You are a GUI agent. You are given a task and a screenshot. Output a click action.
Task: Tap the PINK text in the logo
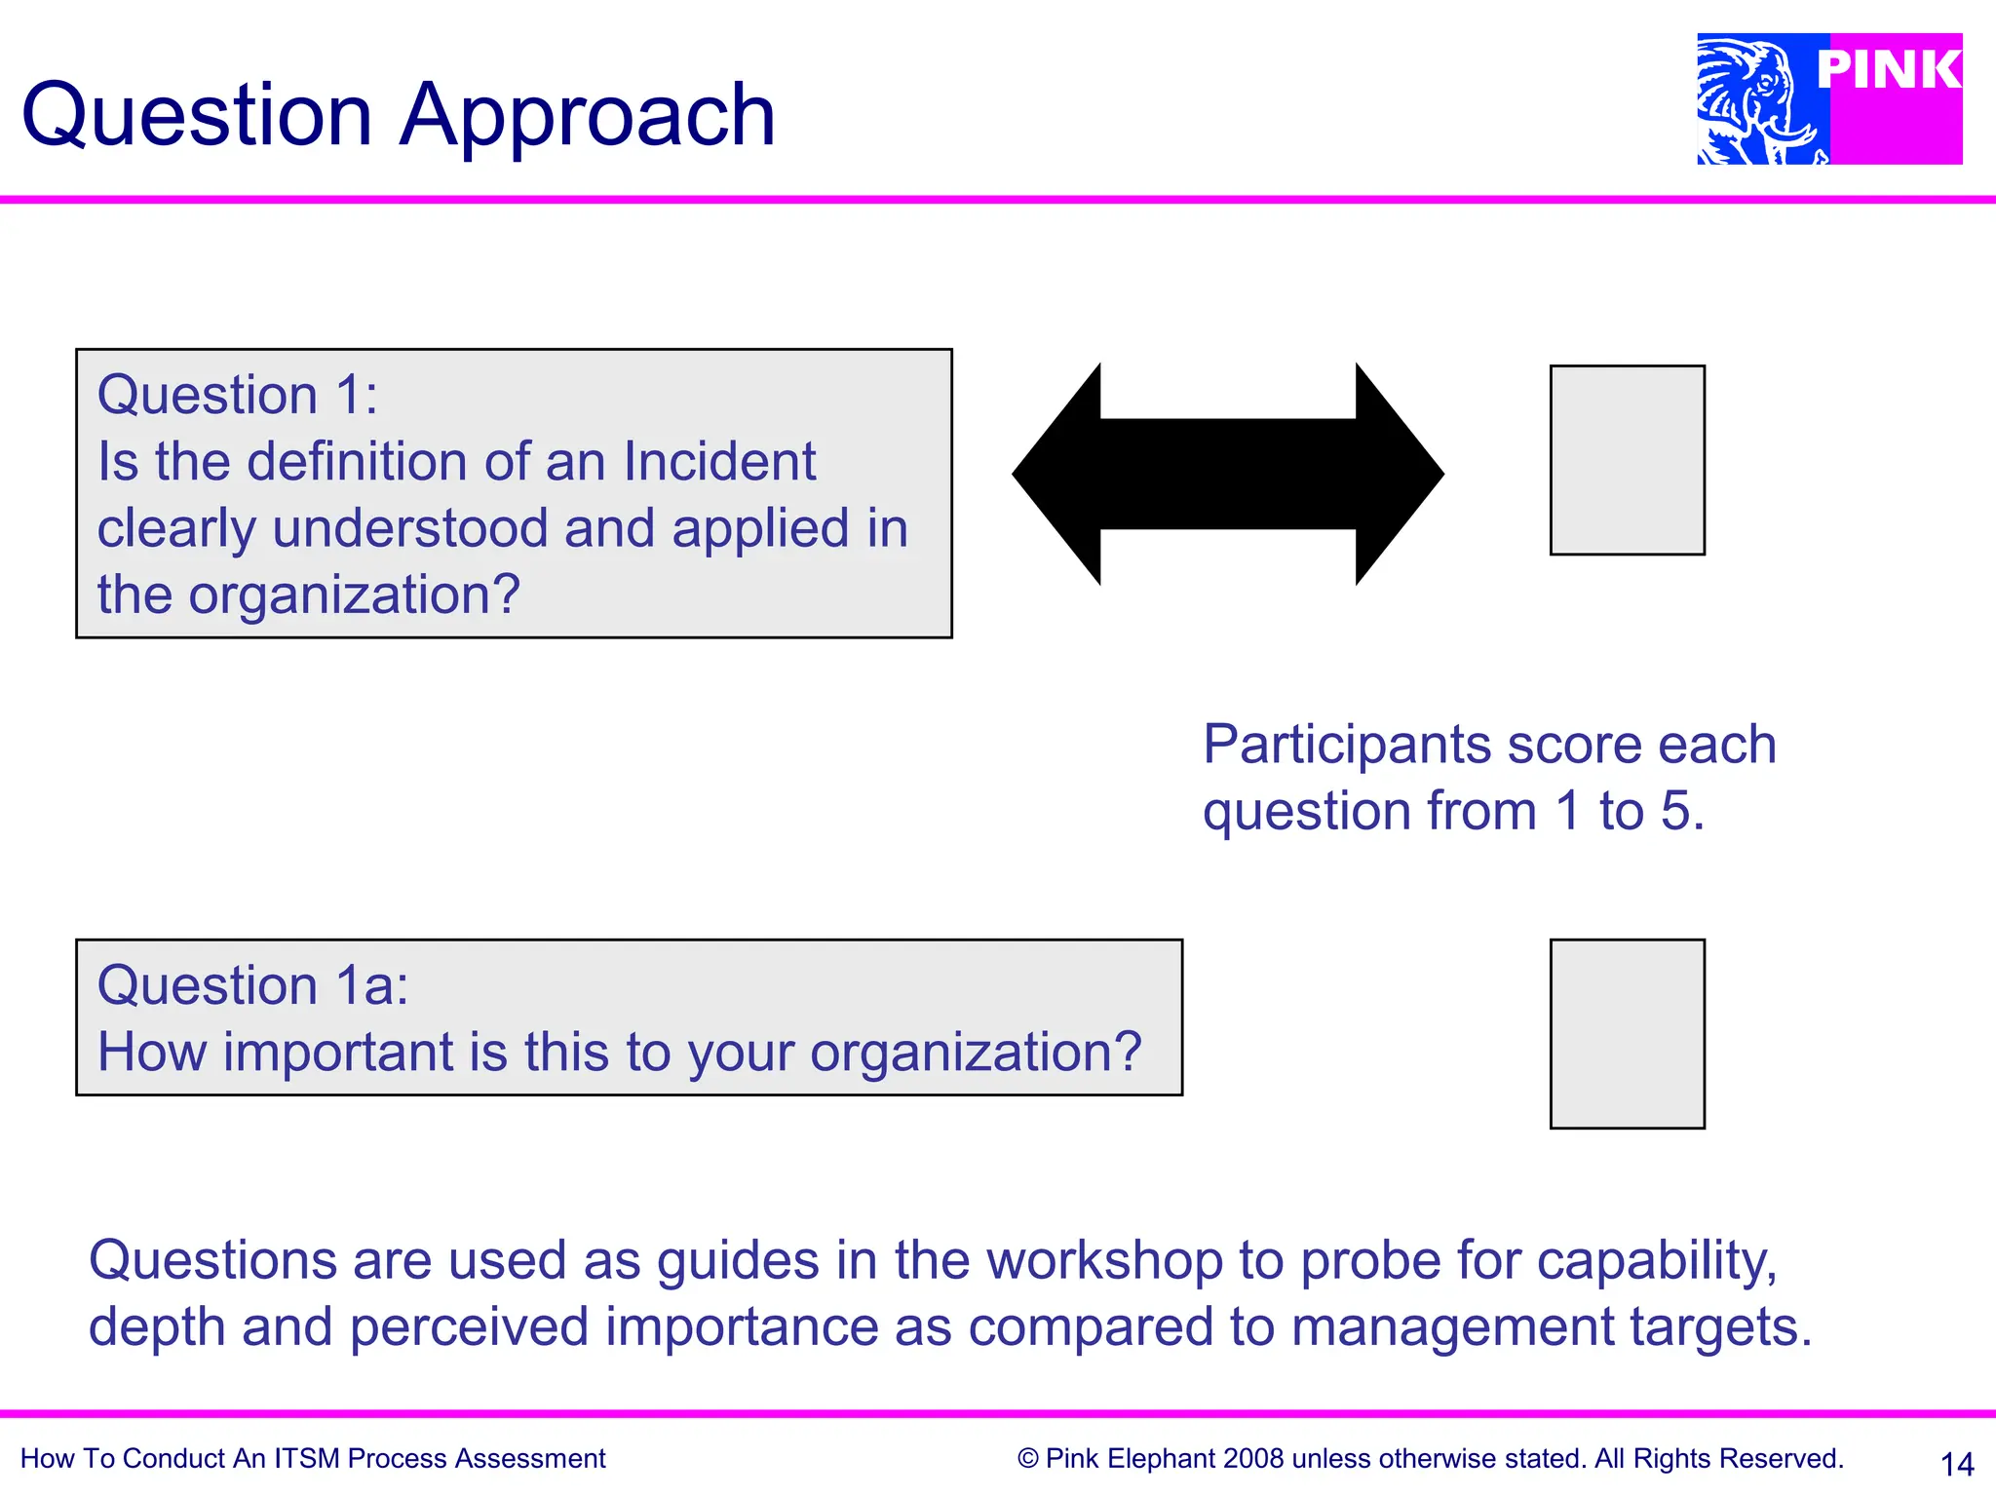pyautogui.click(x=1888, y=70)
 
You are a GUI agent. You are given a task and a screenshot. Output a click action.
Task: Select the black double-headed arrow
pyautogui.click(x=1228, y=474)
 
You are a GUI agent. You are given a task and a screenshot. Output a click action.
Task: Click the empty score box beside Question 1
pyautogui.click(x=1627, y=460)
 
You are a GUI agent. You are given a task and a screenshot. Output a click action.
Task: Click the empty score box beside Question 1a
pyautogui.click(x=1627, y=1034)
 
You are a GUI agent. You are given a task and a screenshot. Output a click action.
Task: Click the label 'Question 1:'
pyautogui.click(x=237, y=395)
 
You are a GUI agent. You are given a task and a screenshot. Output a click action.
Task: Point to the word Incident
pyautogui.click(x=718, y=461)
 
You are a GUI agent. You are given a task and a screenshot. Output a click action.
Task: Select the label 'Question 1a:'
pyautogui.click(x=252, y=985)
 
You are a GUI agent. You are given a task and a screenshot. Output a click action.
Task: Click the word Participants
pyautogui.click(x=1347, y=746)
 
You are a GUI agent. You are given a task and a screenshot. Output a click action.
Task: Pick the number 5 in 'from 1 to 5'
pyautogui.click(x=1675, y=811)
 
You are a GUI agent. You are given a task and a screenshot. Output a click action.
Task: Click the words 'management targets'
pyautogui.click(x=1550, y=1327)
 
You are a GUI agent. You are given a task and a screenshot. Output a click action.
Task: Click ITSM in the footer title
pyautogui.click(x=306, y=1459)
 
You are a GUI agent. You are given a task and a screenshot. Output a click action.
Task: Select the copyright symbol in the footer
pyautogui.click(x=1027, y=1459)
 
